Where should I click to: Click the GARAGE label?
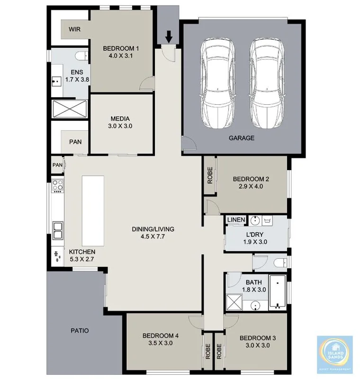click(243, 138)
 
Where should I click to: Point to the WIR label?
click(74, 29)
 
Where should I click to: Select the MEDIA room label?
click(120, 118)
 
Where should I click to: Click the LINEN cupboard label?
click(236, 220)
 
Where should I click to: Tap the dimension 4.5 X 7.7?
click(153, 237)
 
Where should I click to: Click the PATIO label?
click(79, 330)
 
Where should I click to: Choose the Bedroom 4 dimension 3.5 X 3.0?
click(160, 344)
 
